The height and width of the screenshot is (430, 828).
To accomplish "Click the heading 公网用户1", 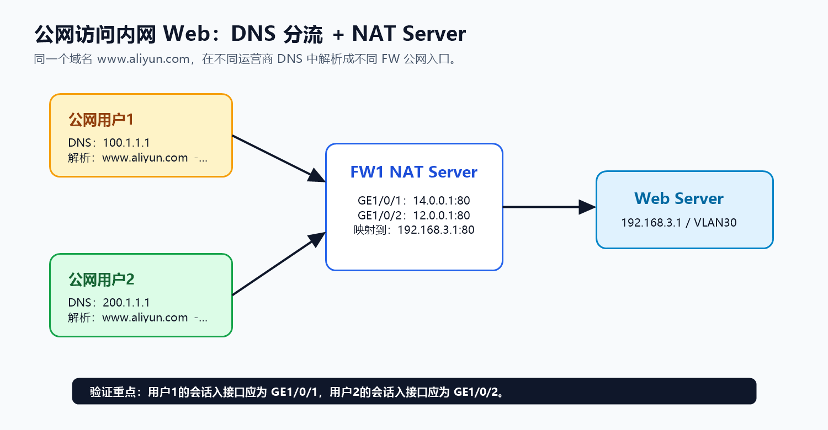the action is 100,120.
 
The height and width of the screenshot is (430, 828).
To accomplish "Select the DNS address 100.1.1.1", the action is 126,143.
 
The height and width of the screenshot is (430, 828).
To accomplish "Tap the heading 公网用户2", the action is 101,280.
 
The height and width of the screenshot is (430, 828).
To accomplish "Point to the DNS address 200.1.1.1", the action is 126,303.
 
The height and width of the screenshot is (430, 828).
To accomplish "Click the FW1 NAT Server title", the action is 413,172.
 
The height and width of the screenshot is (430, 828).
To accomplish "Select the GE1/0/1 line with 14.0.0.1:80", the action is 413,201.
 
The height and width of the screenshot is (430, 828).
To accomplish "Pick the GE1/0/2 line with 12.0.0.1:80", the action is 413,215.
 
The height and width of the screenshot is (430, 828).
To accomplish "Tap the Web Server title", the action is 678,198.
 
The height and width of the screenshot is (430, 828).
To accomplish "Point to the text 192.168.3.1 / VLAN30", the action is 678,223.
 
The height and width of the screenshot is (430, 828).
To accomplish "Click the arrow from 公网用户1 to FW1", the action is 279,159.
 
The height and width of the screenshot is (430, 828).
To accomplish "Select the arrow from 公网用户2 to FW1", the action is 279,264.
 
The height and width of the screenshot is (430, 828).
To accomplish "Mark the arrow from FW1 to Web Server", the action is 549,207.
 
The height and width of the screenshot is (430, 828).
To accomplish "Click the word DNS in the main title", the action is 253,34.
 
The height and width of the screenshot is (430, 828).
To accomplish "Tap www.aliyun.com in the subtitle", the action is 144,59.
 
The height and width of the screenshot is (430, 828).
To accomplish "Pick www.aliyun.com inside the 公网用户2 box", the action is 145,318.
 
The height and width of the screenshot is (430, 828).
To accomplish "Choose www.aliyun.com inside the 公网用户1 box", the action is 145,158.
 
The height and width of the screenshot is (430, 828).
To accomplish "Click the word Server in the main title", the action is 434,34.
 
